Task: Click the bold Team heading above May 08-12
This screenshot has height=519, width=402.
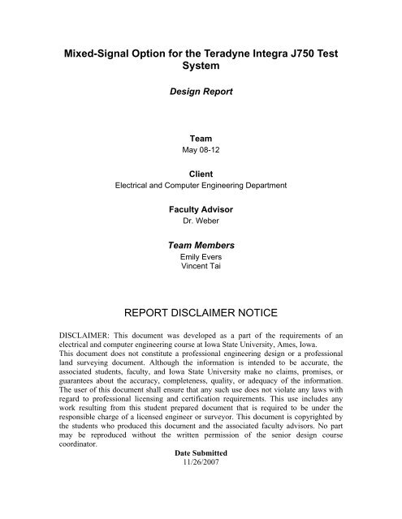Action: [201, 139]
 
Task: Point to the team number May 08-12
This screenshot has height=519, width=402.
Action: [201, 151]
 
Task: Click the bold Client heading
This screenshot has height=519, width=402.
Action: [201, 174]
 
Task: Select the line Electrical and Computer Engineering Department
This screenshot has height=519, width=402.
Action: [201, 185]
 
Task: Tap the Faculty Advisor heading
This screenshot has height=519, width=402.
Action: [201, 208]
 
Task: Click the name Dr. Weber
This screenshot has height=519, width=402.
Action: [201, 220]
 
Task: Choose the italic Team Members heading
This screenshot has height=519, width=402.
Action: [201, 243]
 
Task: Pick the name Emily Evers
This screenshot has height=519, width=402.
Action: [201, 256]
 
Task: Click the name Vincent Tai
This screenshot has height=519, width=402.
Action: [201, 265]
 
